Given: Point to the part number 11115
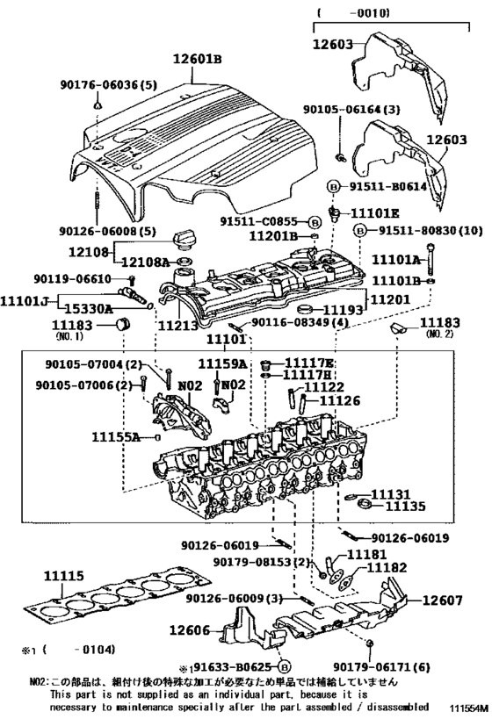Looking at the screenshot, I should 64,576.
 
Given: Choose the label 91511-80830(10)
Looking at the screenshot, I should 423,230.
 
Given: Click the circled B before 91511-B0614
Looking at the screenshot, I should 334,186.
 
